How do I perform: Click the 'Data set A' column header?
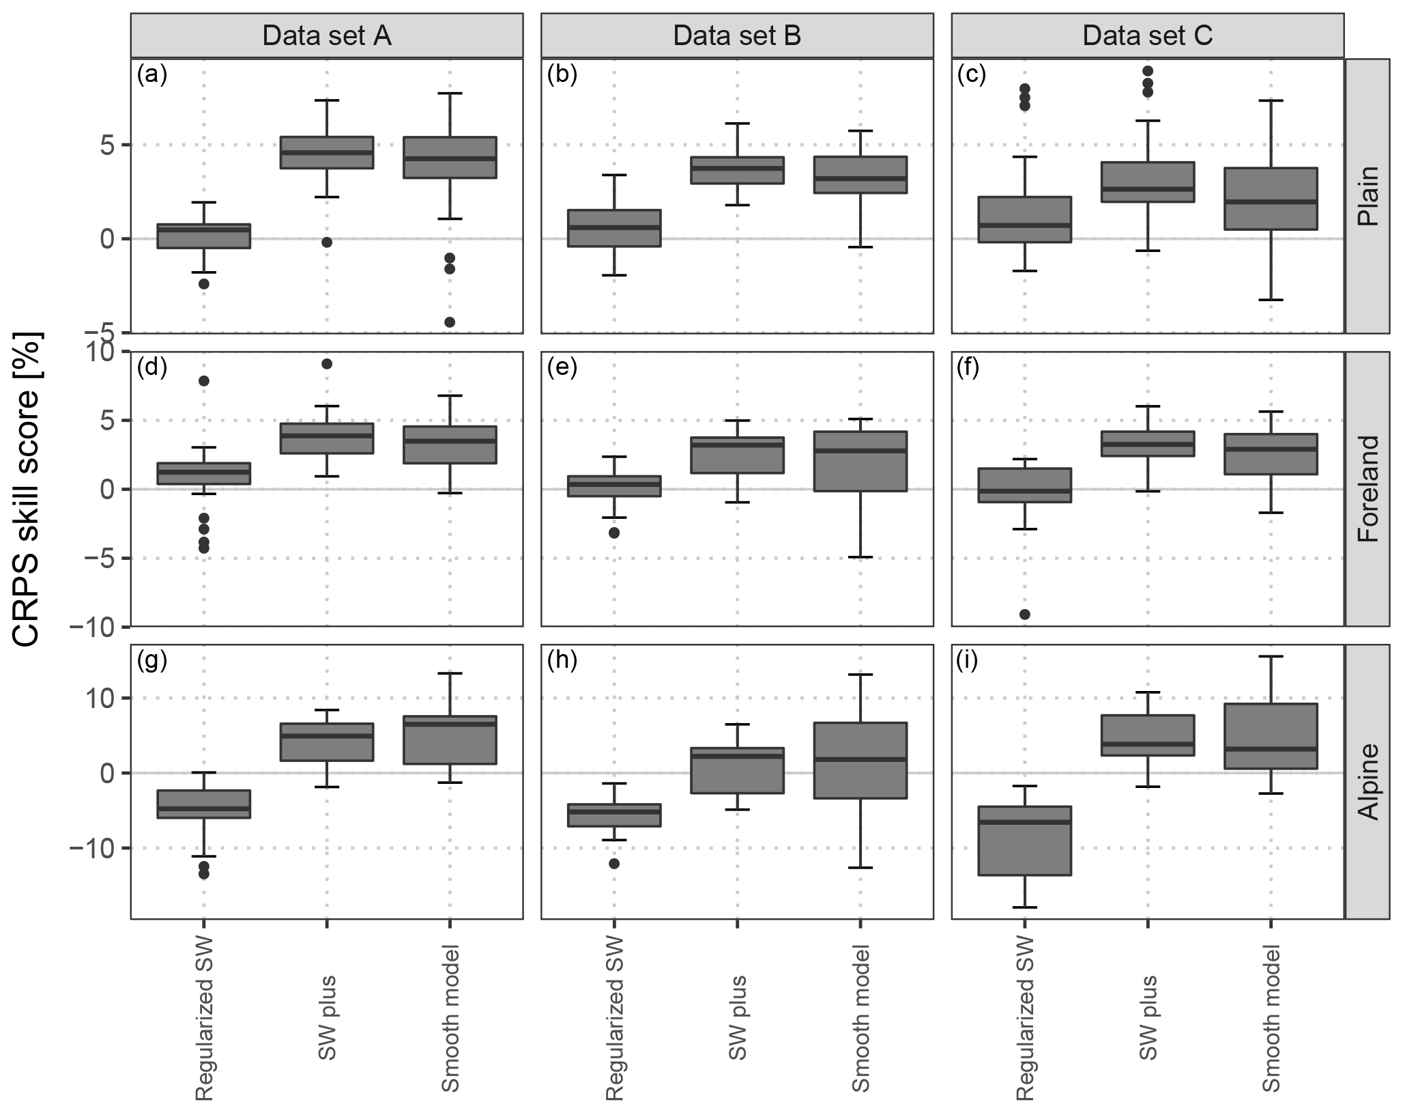[327, 36]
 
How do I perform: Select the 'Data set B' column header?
[737, 36]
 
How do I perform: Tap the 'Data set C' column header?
[1147, 36]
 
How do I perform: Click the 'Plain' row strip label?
[1368, 196]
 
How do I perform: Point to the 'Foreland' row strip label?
[1368, 489]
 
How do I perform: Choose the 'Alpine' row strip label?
[1368, 781]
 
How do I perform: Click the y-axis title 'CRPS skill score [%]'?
[27, 489]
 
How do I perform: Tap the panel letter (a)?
[151, 74]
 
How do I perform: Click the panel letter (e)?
[562, 367]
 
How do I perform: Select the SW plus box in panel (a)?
[327, 152]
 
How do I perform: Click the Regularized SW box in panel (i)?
[1024, 841]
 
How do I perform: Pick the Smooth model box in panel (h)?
[860, 760]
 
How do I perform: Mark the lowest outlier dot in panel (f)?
[1024, 615]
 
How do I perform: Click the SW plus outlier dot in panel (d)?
[327, 364]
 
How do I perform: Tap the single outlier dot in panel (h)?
[614, 864]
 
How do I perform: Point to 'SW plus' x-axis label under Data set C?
[1148, 1018]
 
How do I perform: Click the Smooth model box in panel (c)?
[1271, 199]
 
